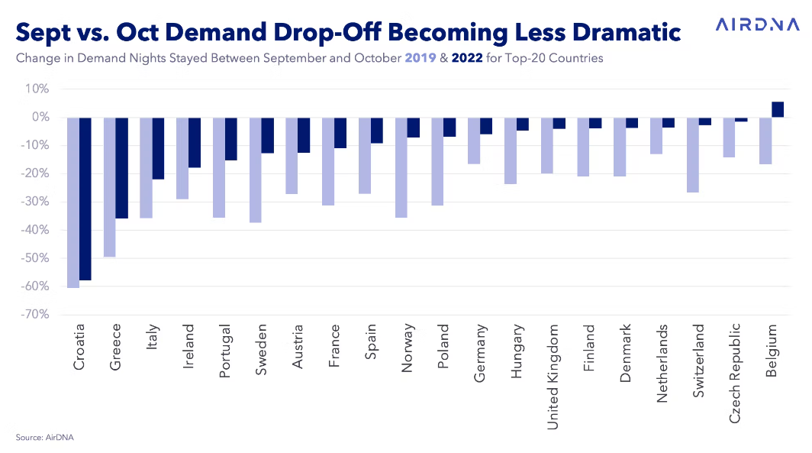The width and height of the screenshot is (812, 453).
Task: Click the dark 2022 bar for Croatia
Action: pos(85,199)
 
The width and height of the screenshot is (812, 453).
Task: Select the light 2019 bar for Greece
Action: pos(110,187)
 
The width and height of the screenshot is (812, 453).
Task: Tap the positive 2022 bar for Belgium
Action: pos(778,109)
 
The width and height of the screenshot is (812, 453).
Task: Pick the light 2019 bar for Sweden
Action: pos(256,170)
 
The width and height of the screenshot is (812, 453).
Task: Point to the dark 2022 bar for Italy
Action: pos(158,148)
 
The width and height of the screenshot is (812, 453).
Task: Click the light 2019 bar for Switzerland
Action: pos(692,155)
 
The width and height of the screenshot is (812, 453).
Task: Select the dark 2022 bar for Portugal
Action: pos(231,139)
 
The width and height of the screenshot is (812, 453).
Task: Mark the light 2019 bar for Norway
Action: pos(401,167)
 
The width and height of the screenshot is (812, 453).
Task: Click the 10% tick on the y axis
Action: pos(37,89)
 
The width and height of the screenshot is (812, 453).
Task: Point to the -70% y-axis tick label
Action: pos(35,314)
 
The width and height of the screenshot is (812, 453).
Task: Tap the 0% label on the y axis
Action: pos(41,117)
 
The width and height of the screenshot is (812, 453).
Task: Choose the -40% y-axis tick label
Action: pos(35,230)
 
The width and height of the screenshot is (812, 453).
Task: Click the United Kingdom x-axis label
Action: pos(553,377)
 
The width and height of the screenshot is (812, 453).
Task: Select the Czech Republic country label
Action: pos(735,374)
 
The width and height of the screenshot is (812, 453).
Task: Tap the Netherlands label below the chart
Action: pos(662,364)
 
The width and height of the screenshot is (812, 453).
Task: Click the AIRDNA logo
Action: pos(758,24)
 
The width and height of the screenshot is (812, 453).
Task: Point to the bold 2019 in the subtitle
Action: pos(420,57)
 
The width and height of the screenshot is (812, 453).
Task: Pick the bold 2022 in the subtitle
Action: pos(467,57)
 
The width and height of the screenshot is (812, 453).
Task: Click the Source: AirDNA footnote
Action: pos(44,438)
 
